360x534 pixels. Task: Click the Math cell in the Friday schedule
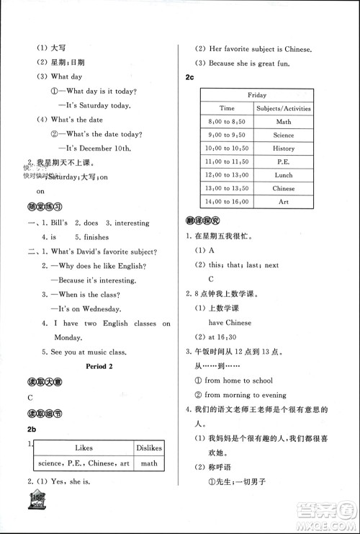pyautogui.click(x=283, y=122)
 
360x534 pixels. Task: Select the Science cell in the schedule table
pyautogui.click(x=283, y=135)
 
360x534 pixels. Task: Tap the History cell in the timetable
pyautogui.click(x=283, y=148)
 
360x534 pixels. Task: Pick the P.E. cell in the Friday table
pyautogui.click(x=283, y=162)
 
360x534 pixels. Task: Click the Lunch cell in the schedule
pyautogui.click(x=283, y=175)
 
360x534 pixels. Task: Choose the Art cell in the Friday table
pyautogui.click(x=283, y=202)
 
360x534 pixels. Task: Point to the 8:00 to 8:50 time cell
pyautogui.click(x=227, y=122)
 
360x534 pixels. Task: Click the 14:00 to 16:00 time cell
pyautogui.click(x=227, y=202)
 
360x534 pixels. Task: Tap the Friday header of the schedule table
pyautogui.click(x=257, y=94)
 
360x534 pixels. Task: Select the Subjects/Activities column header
pyautogui.click(x=283, y=108)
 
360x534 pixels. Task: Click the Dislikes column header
pyautogui.click(x=149, y=448)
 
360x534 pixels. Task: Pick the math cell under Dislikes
pyautogui.click(x=149, y=464)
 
